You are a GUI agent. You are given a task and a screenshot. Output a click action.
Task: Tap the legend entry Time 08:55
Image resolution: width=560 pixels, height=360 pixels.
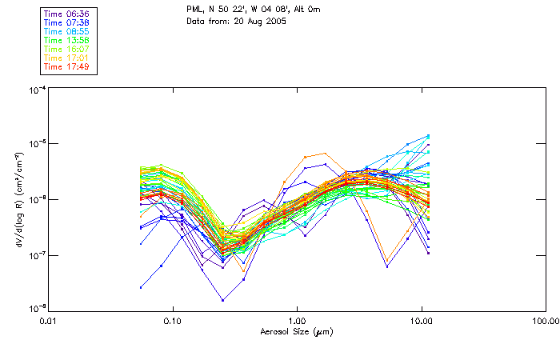67,30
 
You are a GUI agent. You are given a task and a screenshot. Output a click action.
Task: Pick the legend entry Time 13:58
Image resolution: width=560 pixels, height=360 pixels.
67,39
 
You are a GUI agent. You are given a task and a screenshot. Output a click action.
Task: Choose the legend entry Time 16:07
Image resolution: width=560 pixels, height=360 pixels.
67,49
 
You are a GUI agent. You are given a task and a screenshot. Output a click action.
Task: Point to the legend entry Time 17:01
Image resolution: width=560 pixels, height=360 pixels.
67,58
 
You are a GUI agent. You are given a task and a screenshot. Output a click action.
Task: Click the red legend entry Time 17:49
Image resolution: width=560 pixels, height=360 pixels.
67,66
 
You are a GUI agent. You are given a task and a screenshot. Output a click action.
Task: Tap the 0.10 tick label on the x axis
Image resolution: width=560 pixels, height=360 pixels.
172,320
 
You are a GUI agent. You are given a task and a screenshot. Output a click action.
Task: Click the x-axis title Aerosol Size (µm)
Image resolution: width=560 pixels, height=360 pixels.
297,330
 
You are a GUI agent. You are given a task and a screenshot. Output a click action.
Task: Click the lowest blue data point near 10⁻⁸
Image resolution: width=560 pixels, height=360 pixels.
223,300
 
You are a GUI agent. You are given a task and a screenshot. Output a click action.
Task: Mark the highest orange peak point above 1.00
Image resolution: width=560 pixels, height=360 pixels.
324,153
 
